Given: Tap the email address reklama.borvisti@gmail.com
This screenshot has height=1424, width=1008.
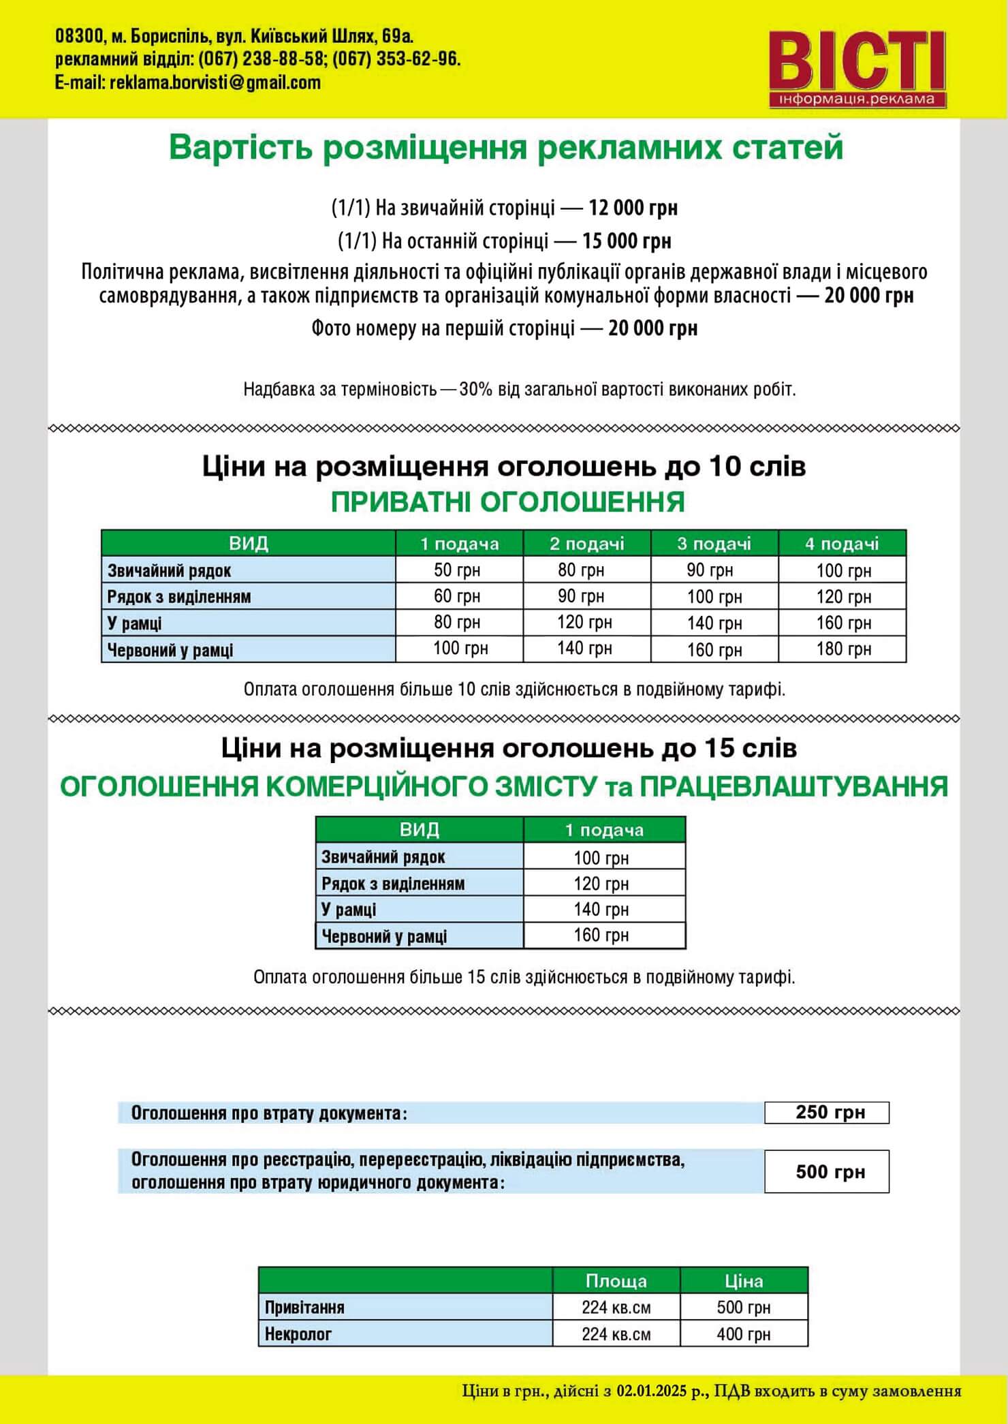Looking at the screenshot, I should point(215,83).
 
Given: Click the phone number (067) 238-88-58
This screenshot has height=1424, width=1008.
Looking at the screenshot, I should point(261,59).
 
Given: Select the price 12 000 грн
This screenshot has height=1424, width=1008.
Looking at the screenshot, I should point(633,208).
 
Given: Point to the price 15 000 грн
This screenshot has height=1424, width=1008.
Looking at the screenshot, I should point(626,241).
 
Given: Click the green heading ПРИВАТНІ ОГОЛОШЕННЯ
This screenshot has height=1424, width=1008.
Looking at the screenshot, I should point(507,502).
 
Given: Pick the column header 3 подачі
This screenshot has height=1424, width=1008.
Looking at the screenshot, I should point(714,544).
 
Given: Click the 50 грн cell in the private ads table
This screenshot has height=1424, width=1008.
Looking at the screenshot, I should point(457,570).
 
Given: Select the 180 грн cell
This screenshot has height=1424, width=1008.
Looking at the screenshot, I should point(843,649).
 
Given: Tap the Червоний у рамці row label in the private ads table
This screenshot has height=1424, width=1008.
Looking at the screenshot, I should point(170,650).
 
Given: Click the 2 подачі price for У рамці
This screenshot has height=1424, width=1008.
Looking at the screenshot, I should point(584,622).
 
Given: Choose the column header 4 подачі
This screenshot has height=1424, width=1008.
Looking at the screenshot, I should point(842,544).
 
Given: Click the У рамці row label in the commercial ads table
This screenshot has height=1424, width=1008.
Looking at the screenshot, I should point(349,910).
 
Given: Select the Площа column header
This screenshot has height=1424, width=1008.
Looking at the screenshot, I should point(616,1281).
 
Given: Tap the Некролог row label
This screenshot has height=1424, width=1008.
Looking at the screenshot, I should point(298,1334).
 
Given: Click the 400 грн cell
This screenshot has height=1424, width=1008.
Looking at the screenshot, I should point(743,1334).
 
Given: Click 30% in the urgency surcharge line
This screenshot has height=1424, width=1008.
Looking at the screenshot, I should point(475,390).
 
